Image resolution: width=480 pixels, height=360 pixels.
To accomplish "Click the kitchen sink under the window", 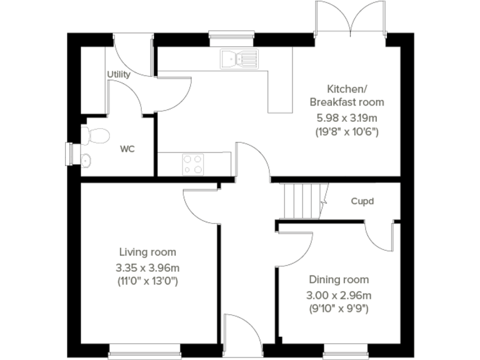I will click(237, 59).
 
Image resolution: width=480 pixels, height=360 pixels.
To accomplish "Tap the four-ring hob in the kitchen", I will click(192, 164).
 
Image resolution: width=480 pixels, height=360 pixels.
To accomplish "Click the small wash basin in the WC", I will click(86, 160).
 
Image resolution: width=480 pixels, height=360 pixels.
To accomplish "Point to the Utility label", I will click(119, 74).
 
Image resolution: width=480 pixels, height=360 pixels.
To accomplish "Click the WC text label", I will click(127, 149).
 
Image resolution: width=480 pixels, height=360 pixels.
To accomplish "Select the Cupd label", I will click(362, 201).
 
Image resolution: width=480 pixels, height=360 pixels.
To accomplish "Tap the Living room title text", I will click(147, 252).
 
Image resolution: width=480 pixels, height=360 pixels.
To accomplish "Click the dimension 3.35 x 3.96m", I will click(147, 267).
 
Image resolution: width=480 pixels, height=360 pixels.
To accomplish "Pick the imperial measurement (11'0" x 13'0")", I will click(147, 281).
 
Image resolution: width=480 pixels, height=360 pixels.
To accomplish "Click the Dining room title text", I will click(339, 280).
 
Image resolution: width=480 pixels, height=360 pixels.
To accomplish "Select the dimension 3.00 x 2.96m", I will click(339, 295).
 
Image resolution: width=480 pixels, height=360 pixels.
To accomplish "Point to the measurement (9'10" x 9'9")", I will click(339, 308).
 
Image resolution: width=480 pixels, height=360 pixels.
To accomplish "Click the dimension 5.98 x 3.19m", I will click(347, 117).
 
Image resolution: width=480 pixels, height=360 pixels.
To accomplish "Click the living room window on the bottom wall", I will click(145, 349).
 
